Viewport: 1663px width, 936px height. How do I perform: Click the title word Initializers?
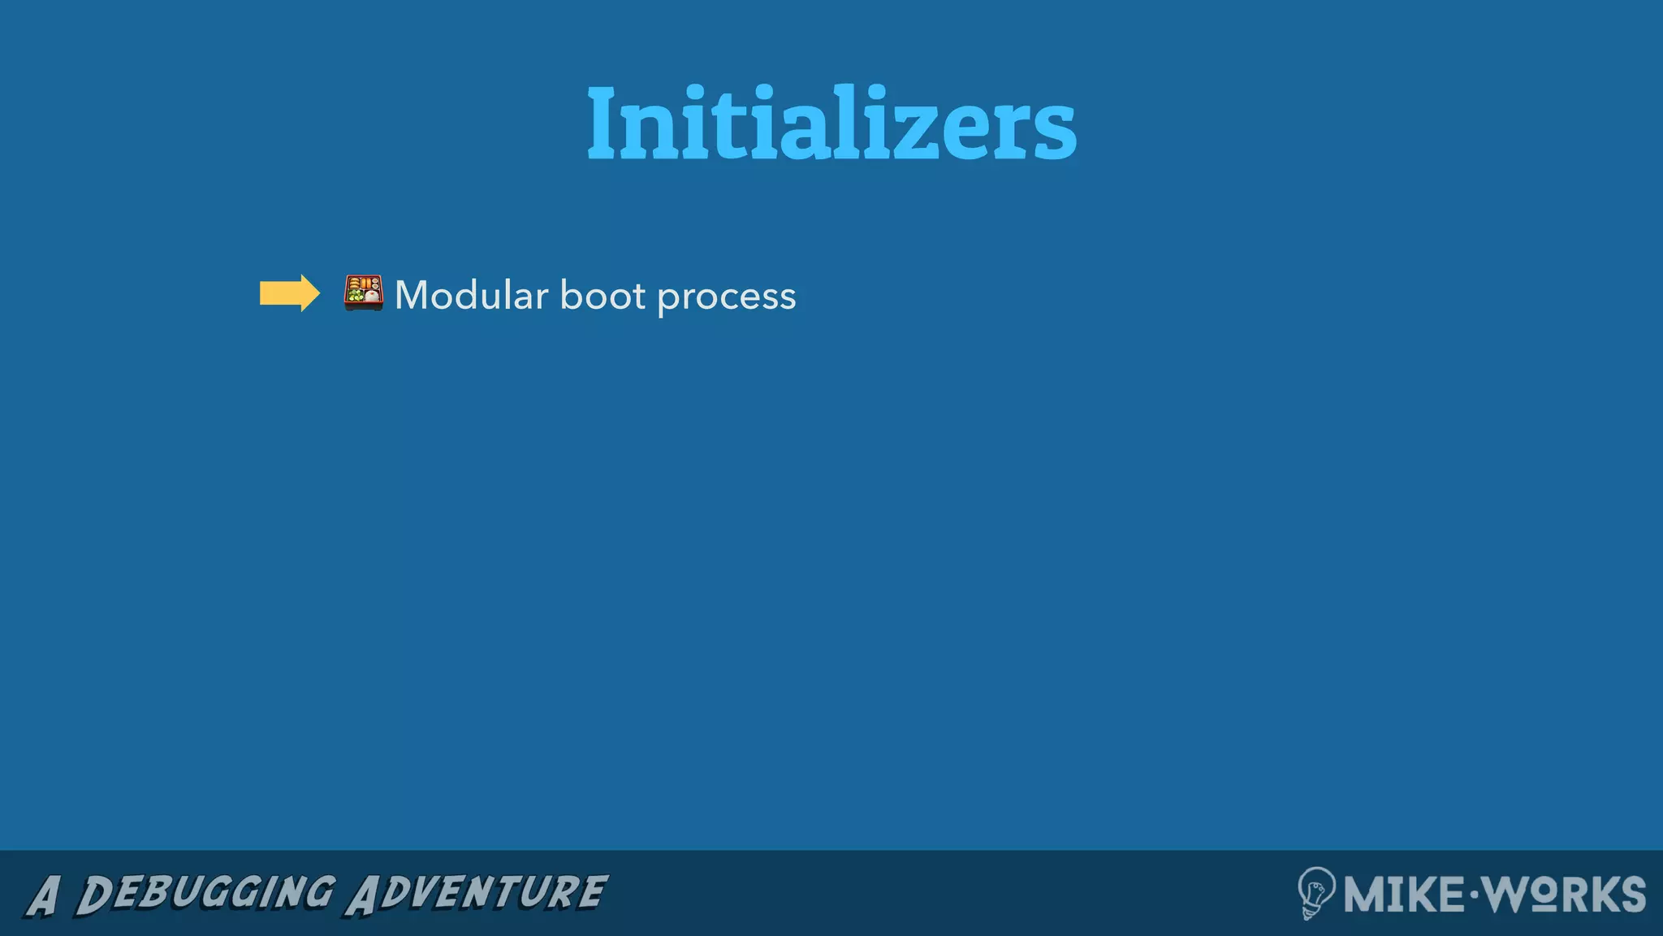(x=831, y=123)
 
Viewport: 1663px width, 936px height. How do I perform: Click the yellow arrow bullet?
(x=289, y=293)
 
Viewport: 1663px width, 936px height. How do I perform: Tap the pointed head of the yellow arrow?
(x=311, y=293)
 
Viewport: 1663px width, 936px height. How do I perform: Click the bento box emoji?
(x=363, y=293)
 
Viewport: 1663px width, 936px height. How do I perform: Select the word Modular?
(x=471, y=295)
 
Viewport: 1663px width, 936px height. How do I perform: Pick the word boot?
(x=603, y=295)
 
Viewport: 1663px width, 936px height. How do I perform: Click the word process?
(x=726, y=297)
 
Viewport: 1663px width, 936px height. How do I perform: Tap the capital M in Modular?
(x=413, y=295)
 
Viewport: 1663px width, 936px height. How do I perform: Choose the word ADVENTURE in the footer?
(x=477, y=894)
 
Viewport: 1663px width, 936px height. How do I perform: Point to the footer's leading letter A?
(x=43, y=896)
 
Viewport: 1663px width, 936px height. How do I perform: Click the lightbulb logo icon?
(x=1315, y=892)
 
